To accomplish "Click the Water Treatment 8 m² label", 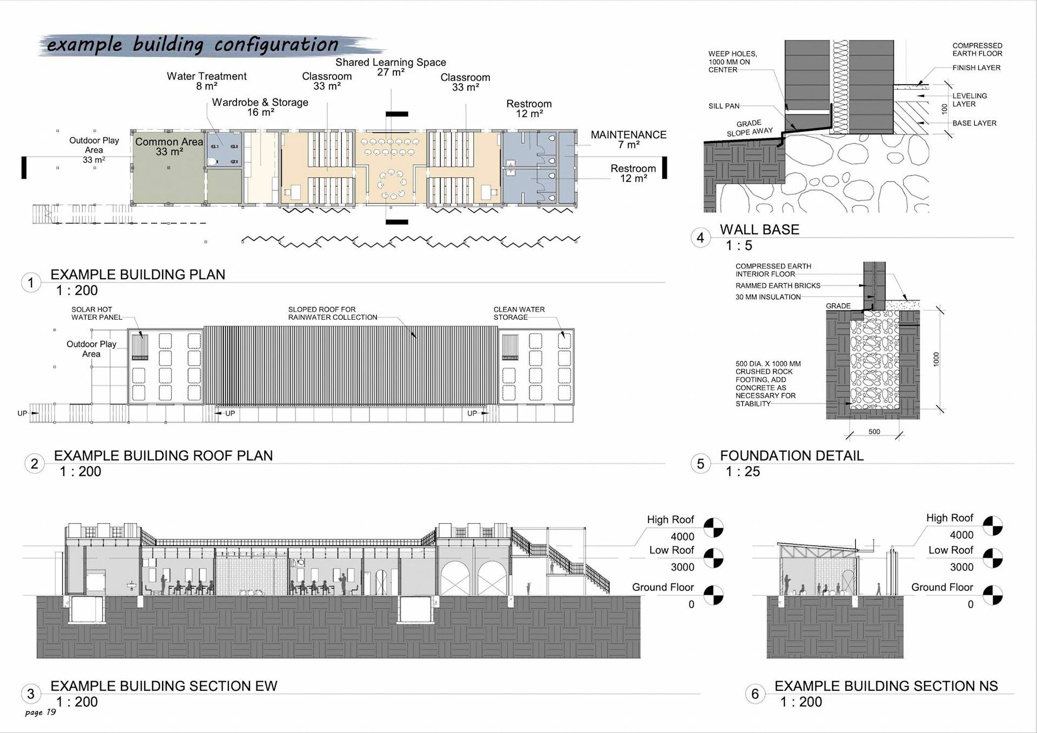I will (x=206, y=81).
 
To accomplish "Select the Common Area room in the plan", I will (x=169, y=167).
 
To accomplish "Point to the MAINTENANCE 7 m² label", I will (x=628, y=139).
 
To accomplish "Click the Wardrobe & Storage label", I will (x=260, y=107).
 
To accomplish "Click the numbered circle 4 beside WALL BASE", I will (x=701, y=238).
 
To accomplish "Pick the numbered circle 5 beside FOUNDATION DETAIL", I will (x=701, y=463).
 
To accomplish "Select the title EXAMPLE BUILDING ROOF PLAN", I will (x=163, y=455).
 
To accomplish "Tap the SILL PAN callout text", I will (x=724, y=106).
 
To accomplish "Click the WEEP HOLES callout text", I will (x=732, y=62).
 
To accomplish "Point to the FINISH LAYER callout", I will (x=976, y=68).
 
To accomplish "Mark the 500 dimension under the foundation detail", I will (x=874, y=432).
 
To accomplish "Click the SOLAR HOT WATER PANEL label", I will (x=97, y=313).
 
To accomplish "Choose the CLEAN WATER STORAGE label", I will (x=518, y=313).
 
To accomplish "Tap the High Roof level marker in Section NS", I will (x=992, y=526).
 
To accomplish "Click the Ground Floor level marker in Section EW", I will (x=713, y=595).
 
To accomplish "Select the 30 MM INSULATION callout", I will (x=767, y=297).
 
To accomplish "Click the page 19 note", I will (x=41, y=712).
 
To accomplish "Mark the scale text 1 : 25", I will (x=743, y=472).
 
